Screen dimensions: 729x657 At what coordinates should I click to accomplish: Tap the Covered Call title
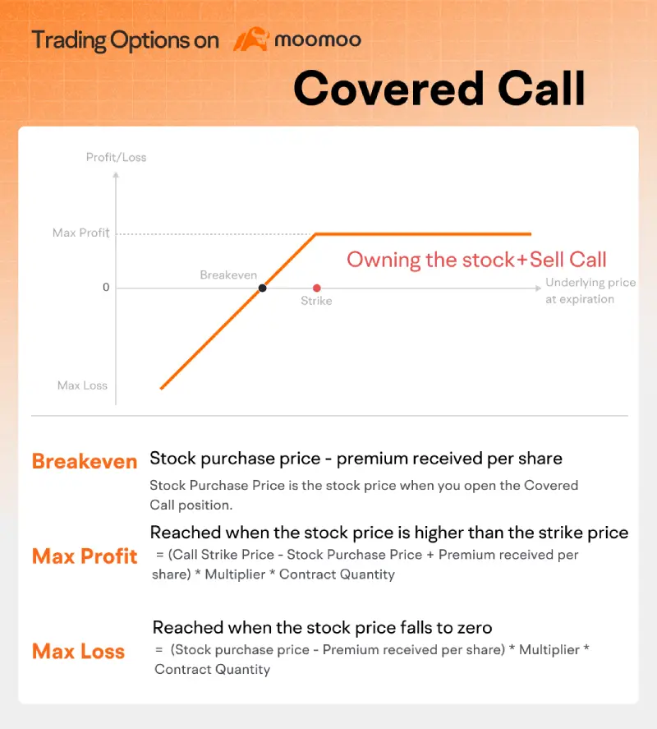(x=439, y=88)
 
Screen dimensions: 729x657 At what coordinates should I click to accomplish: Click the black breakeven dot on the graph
(x=262, y=288)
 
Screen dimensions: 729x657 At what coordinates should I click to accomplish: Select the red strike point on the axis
(x=316, y=288)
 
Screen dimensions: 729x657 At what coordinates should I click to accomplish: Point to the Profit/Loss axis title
(x=116, y=157)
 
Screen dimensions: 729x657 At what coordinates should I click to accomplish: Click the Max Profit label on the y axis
(x=80, y=233)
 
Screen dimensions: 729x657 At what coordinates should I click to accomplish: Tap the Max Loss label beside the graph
(x=82, y=385)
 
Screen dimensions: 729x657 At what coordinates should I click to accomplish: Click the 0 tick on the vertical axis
(x=105, y=288)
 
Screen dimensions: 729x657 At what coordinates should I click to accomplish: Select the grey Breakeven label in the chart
(x=228, y=275)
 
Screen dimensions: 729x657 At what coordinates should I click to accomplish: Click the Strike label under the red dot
(x=316, y=301)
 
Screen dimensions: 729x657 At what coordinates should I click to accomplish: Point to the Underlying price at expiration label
(x=590, y=291)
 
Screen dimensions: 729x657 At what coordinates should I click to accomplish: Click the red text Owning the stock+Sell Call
(x=476, y=260)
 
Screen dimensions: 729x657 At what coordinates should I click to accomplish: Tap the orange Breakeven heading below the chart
(x=85, y=461)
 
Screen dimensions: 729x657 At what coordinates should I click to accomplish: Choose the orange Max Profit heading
(x=85, y=556)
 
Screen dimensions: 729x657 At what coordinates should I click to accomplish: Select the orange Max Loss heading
(x=79, y=652)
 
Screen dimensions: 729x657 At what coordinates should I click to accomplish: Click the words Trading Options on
(x=126, y=40)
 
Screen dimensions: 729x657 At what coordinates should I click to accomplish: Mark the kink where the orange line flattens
(x=316, y=234)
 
